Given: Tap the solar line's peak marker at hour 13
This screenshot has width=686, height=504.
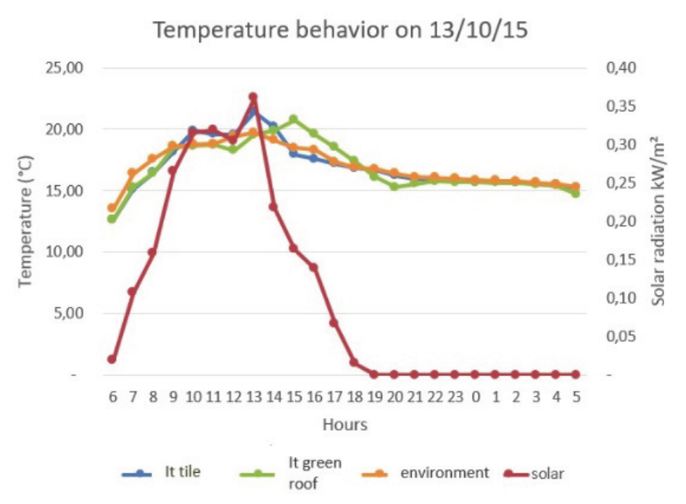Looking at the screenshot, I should click(253, 97).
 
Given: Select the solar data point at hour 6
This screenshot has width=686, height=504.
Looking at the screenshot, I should click(112, 359).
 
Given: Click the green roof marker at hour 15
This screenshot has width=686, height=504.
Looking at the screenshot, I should click(293, 119).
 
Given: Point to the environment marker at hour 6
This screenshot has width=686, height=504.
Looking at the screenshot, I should click(112, 208).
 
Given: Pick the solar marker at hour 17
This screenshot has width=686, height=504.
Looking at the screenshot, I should click(334, 322).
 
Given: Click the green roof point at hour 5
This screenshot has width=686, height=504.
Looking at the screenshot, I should click(575, 193).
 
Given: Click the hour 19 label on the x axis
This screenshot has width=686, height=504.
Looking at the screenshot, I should click(373, 397).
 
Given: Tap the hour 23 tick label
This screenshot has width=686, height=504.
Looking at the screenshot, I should click(455, 397).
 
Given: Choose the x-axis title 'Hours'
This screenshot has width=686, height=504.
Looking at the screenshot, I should click(344, 424).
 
